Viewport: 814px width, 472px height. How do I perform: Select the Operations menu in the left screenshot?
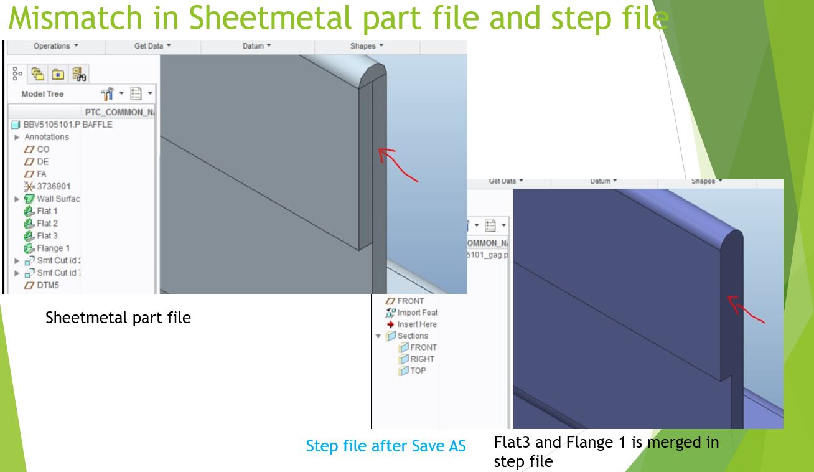pos(55,46)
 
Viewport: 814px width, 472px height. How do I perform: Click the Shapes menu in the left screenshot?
pos(367,46)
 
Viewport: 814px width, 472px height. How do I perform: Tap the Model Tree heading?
pos(42,94)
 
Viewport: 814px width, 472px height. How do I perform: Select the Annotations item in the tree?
pos(46,137)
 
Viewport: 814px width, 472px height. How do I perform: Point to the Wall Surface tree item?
pos(57,199)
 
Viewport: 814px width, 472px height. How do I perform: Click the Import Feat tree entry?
pos(417,313)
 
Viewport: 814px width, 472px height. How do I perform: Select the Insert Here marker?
pos(416,324)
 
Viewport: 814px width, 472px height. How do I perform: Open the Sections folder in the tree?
pos(412,336)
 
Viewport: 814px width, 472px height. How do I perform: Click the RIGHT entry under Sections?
pos(422,359)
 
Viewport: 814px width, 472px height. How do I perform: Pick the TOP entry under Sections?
pos(418,371)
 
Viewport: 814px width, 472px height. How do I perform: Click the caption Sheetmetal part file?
pos(118,318)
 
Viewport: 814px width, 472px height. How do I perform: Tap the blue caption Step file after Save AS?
pos(386,446)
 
